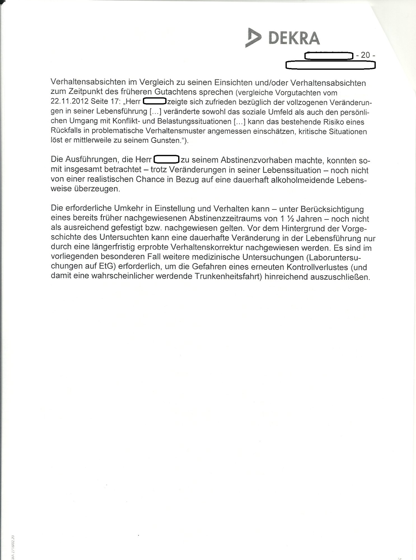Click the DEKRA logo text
294,38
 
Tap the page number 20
365,55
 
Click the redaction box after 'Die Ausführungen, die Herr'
166,160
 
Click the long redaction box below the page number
330,66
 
